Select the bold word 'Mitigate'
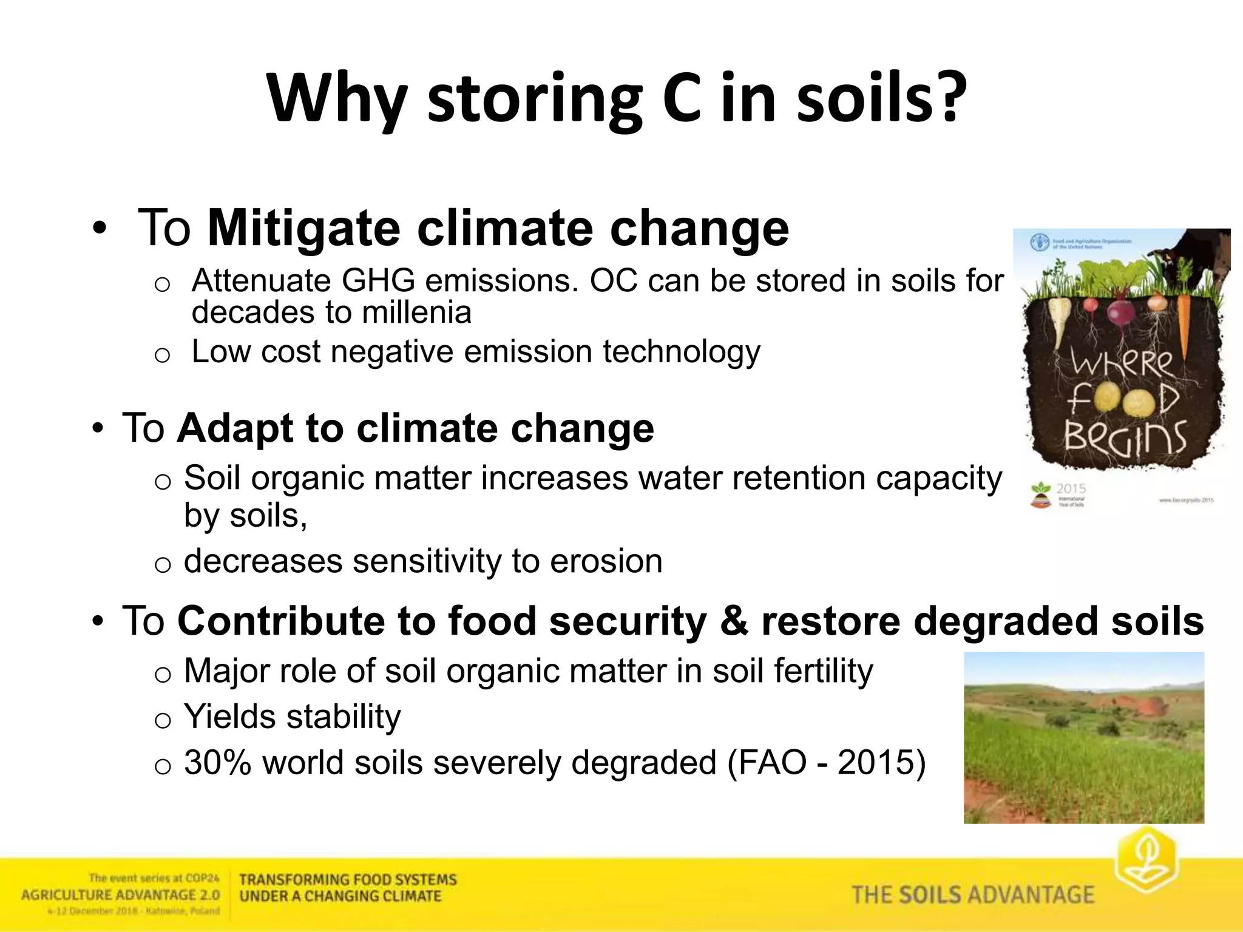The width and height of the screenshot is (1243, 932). (x=304, y=229)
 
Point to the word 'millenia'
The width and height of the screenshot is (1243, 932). (x=416, y=313)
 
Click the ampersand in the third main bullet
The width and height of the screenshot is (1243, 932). (x=734, y=621)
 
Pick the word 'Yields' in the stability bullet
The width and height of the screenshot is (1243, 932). (x=230, y=717)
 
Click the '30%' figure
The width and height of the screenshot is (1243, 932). (x=217, y=763)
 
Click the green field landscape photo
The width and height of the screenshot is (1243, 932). (x=1083, y=737)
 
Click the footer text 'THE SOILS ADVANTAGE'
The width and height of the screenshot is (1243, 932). (x=972, y=895)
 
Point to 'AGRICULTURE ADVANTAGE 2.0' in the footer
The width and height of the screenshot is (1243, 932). (x=120, y=895)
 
